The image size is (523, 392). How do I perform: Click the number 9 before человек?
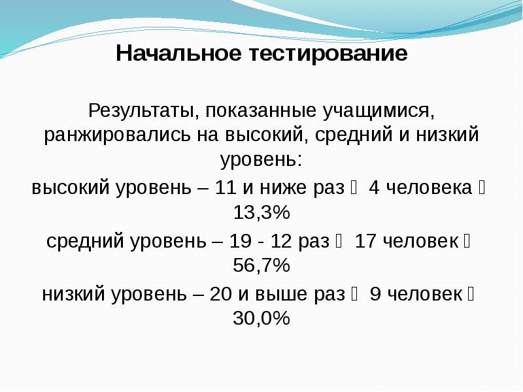tap(375, 294)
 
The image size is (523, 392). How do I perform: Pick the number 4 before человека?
tap(374, 189)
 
